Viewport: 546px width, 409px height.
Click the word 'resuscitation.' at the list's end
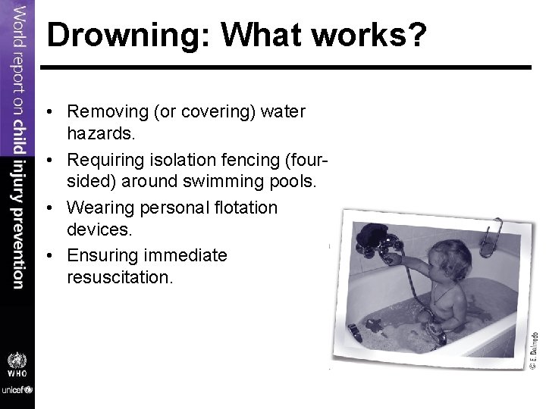(121, 277)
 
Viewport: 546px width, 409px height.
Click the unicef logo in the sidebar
(17, 390)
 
